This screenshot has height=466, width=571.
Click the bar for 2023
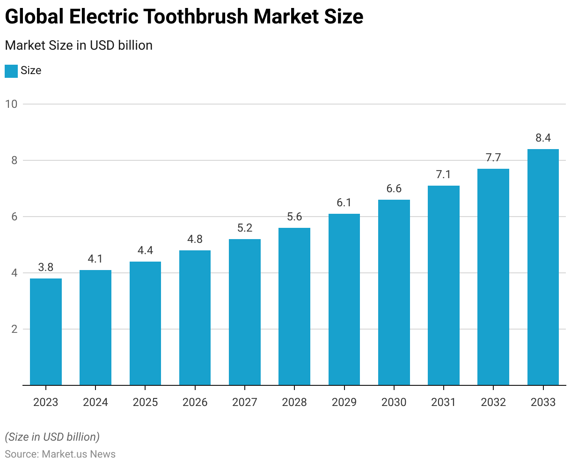46,332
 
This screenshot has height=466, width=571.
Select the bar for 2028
294,307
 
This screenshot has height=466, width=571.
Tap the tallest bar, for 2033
543,267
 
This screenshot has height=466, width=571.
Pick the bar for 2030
394,293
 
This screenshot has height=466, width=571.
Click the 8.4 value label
543,138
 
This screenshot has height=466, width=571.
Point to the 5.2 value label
245,228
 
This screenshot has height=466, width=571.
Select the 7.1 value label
443,174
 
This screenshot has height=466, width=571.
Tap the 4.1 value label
95,259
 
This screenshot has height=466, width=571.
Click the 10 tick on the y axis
11,104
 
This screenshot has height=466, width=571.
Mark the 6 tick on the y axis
14,217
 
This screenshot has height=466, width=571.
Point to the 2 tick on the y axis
14,329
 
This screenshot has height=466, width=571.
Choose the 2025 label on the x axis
145,402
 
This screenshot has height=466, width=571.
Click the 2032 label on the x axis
493,402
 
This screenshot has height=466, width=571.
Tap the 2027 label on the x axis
245,402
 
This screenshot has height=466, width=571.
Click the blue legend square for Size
11,71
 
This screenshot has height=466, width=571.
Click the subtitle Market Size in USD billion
79,45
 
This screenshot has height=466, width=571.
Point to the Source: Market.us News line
60,454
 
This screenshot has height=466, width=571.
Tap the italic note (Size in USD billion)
52,437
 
